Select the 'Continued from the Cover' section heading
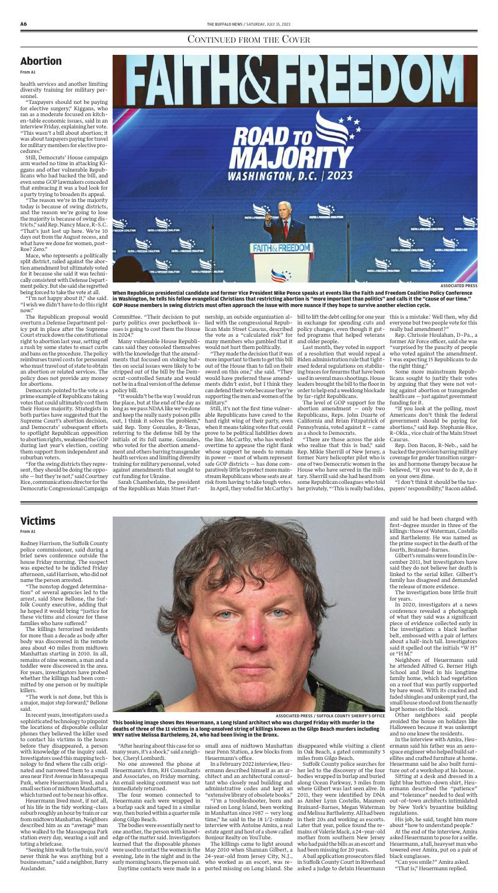249,40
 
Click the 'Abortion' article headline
41,61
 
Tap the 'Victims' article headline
37,521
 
